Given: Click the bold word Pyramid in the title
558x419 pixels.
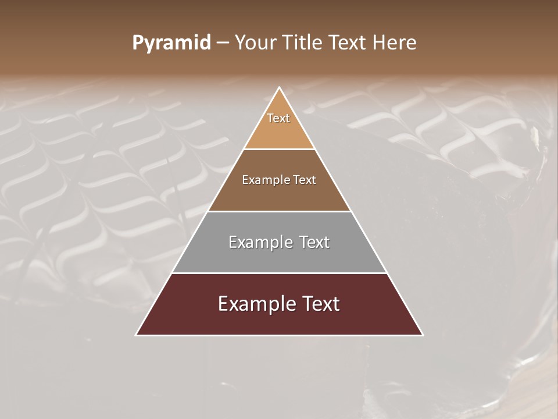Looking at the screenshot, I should [x=171, y=43].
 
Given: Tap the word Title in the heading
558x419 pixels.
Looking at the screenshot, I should [x=302, y=43].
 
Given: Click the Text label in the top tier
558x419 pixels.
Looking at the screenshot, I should [x=278, y=118].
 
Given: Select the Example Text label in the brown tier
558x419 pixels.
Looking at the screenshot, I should [x=279, y=180].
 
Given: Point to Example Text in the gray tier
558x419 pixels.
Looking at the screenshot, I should [x=279, y=242].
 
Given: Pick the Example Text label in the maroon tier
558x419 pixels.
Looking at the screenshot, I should [x=279, y=304].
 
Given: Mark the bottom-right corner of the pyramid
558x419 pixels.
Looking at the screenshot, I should [x=423, y=335].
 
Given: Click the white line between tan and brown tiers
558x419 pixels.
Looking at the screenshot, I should [x=279, y=150].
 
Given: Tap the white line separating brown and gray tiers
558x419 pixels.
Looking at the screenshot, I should [x=279, y=211].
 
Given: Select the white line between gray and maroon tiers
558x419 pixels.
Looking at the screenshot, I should [x=279, y=273].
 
